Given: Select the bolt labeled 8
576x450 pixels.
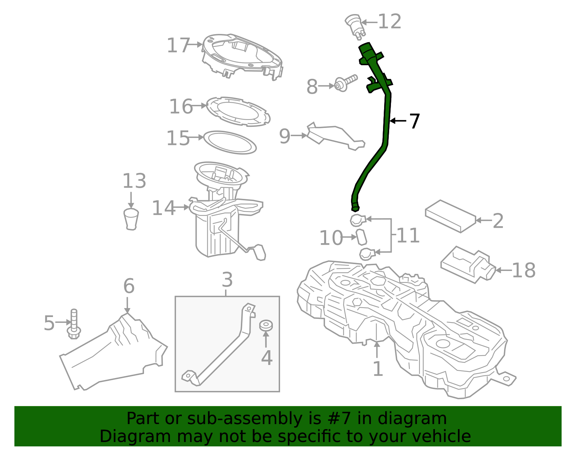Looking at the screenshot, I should click(345, 83).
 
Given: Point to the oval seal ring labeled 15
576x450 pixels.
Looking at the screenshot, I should click(230, 142).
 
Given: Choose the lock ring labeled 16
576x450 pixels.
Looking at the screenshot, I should click(238, 111).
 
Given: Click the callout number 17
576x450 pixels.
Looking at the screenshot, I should click(178, 46).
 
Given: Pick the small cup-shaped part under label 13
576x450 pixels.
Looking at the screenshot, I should click(131, 218).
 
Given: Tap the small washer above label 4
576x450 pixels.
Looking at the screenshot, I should click(266, 325).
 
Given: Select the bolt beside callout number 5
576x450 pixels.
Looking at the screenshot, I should click(74, 323).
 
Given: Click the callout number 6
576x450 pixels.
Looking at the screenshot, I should click(129, 286).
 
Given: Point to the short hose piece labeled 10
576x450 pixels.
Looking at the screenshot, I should click(361, 237).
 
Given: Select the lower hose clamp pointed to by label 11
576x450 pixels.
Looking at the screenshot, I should click(367, 254).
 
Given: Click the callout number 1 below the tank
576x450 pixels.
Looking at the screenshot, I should click(377, 369).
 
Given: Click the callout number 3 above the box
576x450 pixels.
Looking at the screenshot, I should click(227, 280).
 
